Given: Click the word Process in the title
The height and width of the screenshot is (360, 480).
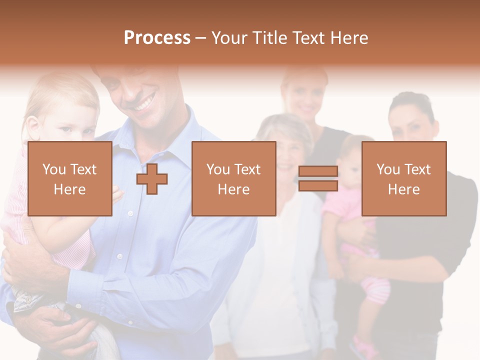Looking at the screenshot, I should [x=157, y=37].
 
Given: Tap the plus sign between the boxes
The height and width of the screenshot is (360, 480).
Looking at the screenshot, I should [x=152, y=179].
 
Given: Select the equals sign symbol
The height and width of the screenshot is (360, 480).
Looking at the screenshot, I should [x=318, y=178].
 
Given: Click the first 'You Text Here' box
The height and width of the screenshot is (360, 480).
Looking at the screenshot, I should [x=69, y=179].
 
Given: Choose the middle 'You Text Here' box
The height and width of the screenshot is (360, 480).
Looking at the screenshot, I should [x=233, y=179].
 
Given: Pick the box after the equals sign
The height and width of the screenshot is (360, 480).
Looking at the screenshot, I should [x=403, y=179].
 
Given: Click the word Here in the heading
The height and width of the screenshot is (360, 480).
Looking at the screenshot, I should [x=349, y=37].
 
